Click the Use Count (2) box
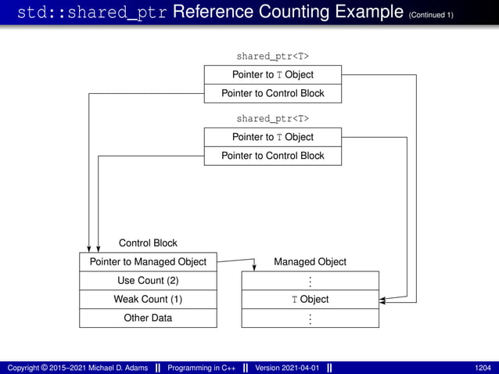(x=148, y=280)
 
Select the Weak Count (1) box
(x=148, y=299)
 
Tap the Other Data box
(x=148, y=318)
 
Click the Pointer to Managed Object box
(x=148, y=261)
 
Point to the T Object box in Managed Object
(x=310, y=299)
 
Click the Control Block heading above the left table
(x=148, y=243)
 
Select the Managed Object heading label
(x=310, y=261)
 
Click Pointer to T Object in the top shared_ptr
(x=272, y=74)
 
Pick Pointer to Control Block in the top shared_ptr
(x=272, y=93)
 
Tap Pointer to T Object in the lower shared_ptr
(x=272, y=137)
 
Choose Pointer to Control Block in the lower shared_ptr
(x=272, y=156)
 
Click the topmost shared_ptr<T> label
(x=272, y=56)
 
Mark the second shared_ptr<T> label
(x=272, y=118)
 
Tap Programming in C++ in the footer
(x=202, y=367)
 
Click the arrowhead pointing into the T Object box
(x=382, y=300)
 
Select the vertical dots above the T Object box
(x=310, y=281)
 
